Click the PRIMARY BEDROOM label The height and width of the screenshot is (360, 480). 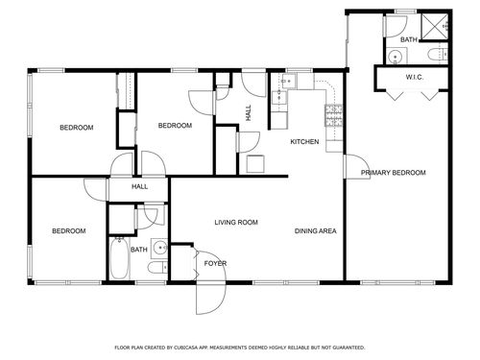coord(394,173)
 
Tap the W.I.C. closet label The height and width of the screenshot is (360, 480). coord(415,77)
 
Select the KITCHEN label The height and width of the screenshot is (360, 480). coord(304,141)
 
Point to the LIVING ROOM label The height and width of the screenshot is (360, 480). coord(236,223)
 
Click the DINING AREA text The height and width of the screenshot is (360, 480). coord(315,230)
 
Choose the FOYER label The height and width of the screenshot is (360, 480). coord(215,263)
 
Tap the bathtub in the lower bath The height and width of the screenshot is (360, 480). coord(119,258)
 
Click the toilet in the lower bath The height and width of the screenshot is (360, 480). coord(157,267)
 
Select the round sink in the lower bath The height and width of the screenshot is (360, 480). coord(159,248)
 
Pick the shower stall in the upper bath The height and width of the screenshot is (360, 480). coord(434,26)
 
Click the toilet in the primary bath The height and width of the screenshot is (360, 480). coord(437,54)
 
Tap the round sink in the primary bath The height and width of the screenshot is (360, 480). coord(396,57)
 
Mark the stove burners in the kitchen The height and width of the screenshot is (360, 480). coord(333,115)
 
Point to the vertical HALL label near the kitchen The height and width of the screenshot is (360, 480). coord(249,112)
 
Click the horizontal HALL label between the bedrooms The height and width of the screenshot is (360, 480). coord(139,186)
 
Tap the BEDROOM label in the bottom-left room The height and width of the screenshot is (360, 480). coord(69,230)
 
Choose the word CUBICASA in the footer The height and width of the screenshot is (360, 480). coord(183,348)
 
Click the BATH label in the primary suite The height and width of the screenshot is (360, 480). coord(409,39)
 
